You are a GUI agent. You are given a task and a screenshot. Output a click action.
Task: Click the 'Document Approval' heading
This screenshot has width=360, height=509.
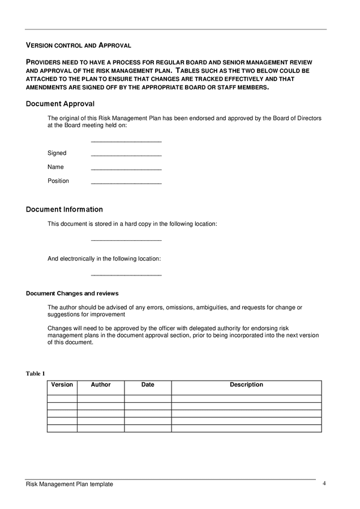(x=60, y=104)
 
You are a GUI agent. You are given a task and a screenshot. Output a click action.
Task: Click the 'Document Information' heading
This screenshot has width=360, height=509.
(x=65, y=210)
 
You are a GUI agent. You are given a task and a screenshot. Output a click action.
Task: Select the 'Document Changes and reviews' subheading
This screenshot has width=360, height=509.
(x=72, y=294)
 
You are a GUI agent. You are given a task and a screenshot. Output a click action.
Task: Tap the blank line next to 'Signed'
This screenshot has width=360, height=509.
(x=126, y=154)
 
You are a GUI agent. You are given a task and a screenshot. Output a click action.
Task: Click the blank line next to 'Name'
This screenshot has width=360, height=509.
(x=126, y=169)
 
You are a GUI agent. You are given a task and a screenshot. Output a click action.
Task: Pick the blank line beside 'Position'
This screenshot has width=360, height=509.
(x=126, y=183)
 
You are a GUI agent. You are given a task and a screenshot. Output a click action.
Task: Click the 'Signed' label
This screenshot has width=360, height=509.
(x=57, y=153)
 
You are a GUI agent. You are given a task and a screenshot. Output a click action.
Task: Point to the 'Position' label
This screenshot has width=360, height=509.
(x=58, y=181)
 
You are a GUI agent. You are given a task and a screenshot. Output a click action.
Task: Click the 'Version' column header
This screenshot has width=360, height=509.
(x=62, y=385)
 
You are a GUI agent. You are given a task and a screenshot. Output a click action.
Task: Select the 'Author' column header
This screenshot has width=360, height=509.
(x=101, y=385)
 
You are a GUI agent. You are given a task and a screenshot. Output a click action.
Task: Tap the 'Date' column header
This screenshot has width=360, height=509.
(x=148, y=385)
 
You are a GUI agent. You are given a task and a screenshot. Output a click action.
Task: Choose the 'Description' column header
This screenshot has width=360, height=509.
(x=246, y=385)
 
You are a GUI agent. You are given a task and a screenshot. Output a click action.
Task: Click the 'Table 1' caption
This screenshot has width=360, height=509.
(x=35, y=373)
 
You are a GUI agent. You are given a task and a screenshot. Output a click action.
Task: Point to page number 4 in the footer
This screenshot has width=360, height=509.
(x=324, y=484)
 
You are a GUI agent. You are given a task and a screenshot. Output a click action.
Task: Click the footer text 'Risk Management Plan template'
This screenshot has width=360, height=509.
(x=70, y=484)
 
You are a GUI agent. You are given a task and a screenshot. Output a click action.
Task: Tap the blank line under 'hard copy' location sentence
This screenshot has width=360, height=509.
(x=126, y=240)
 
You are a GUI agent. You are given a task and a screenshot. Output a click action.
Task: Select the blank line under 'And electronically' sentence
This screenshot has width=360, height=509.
(x=126, y=275)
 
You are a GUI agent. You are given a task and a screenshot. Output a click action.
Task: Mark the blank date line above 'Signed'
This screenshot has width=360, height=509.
(x=126, y=141)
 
